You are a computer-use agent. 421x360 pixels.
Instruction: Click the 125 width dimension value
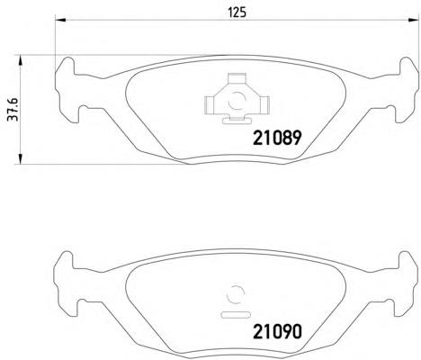click(237, 13)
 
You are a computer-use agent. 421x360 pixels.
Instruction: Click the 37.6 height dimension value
click(13, 109)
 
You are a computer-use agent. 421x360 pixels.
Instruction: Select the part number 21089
click(277, 138)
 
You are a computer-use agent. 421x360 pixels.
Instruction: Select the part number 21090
click(277, 332)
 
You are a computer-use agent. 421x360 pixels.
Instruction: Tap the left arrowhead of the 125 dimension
click(60, 20)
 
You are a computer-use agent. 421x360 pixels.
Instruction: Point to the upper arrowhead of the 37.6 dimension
click(20, 60)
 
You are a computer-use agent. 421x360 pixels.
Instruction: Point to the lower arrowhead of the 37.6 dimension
click(20, 159)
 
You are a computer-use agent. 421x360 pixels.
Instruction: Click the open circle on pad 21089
click(237, 101)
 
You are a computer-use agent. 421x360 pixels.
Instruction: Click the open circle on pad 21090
click(236, 294)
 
